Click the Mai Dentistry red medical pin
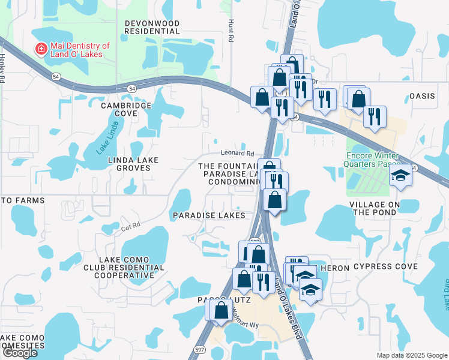pyautogui.click(x=41, y=49)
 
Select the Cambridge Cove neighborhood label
pyautogui.click(x=126, y=109)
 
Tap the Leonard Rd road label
pyautogui.click(x=237, y=154)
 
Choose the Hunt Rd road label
pyautogui.click(x=230, y=29)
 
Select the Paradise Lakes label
pyautogui.click(x=209, y=215)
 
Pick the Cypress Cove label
pyautogui.click(x=385, y=266)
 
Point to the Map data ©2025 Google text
pyautogui.click(x=411, y=355)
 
